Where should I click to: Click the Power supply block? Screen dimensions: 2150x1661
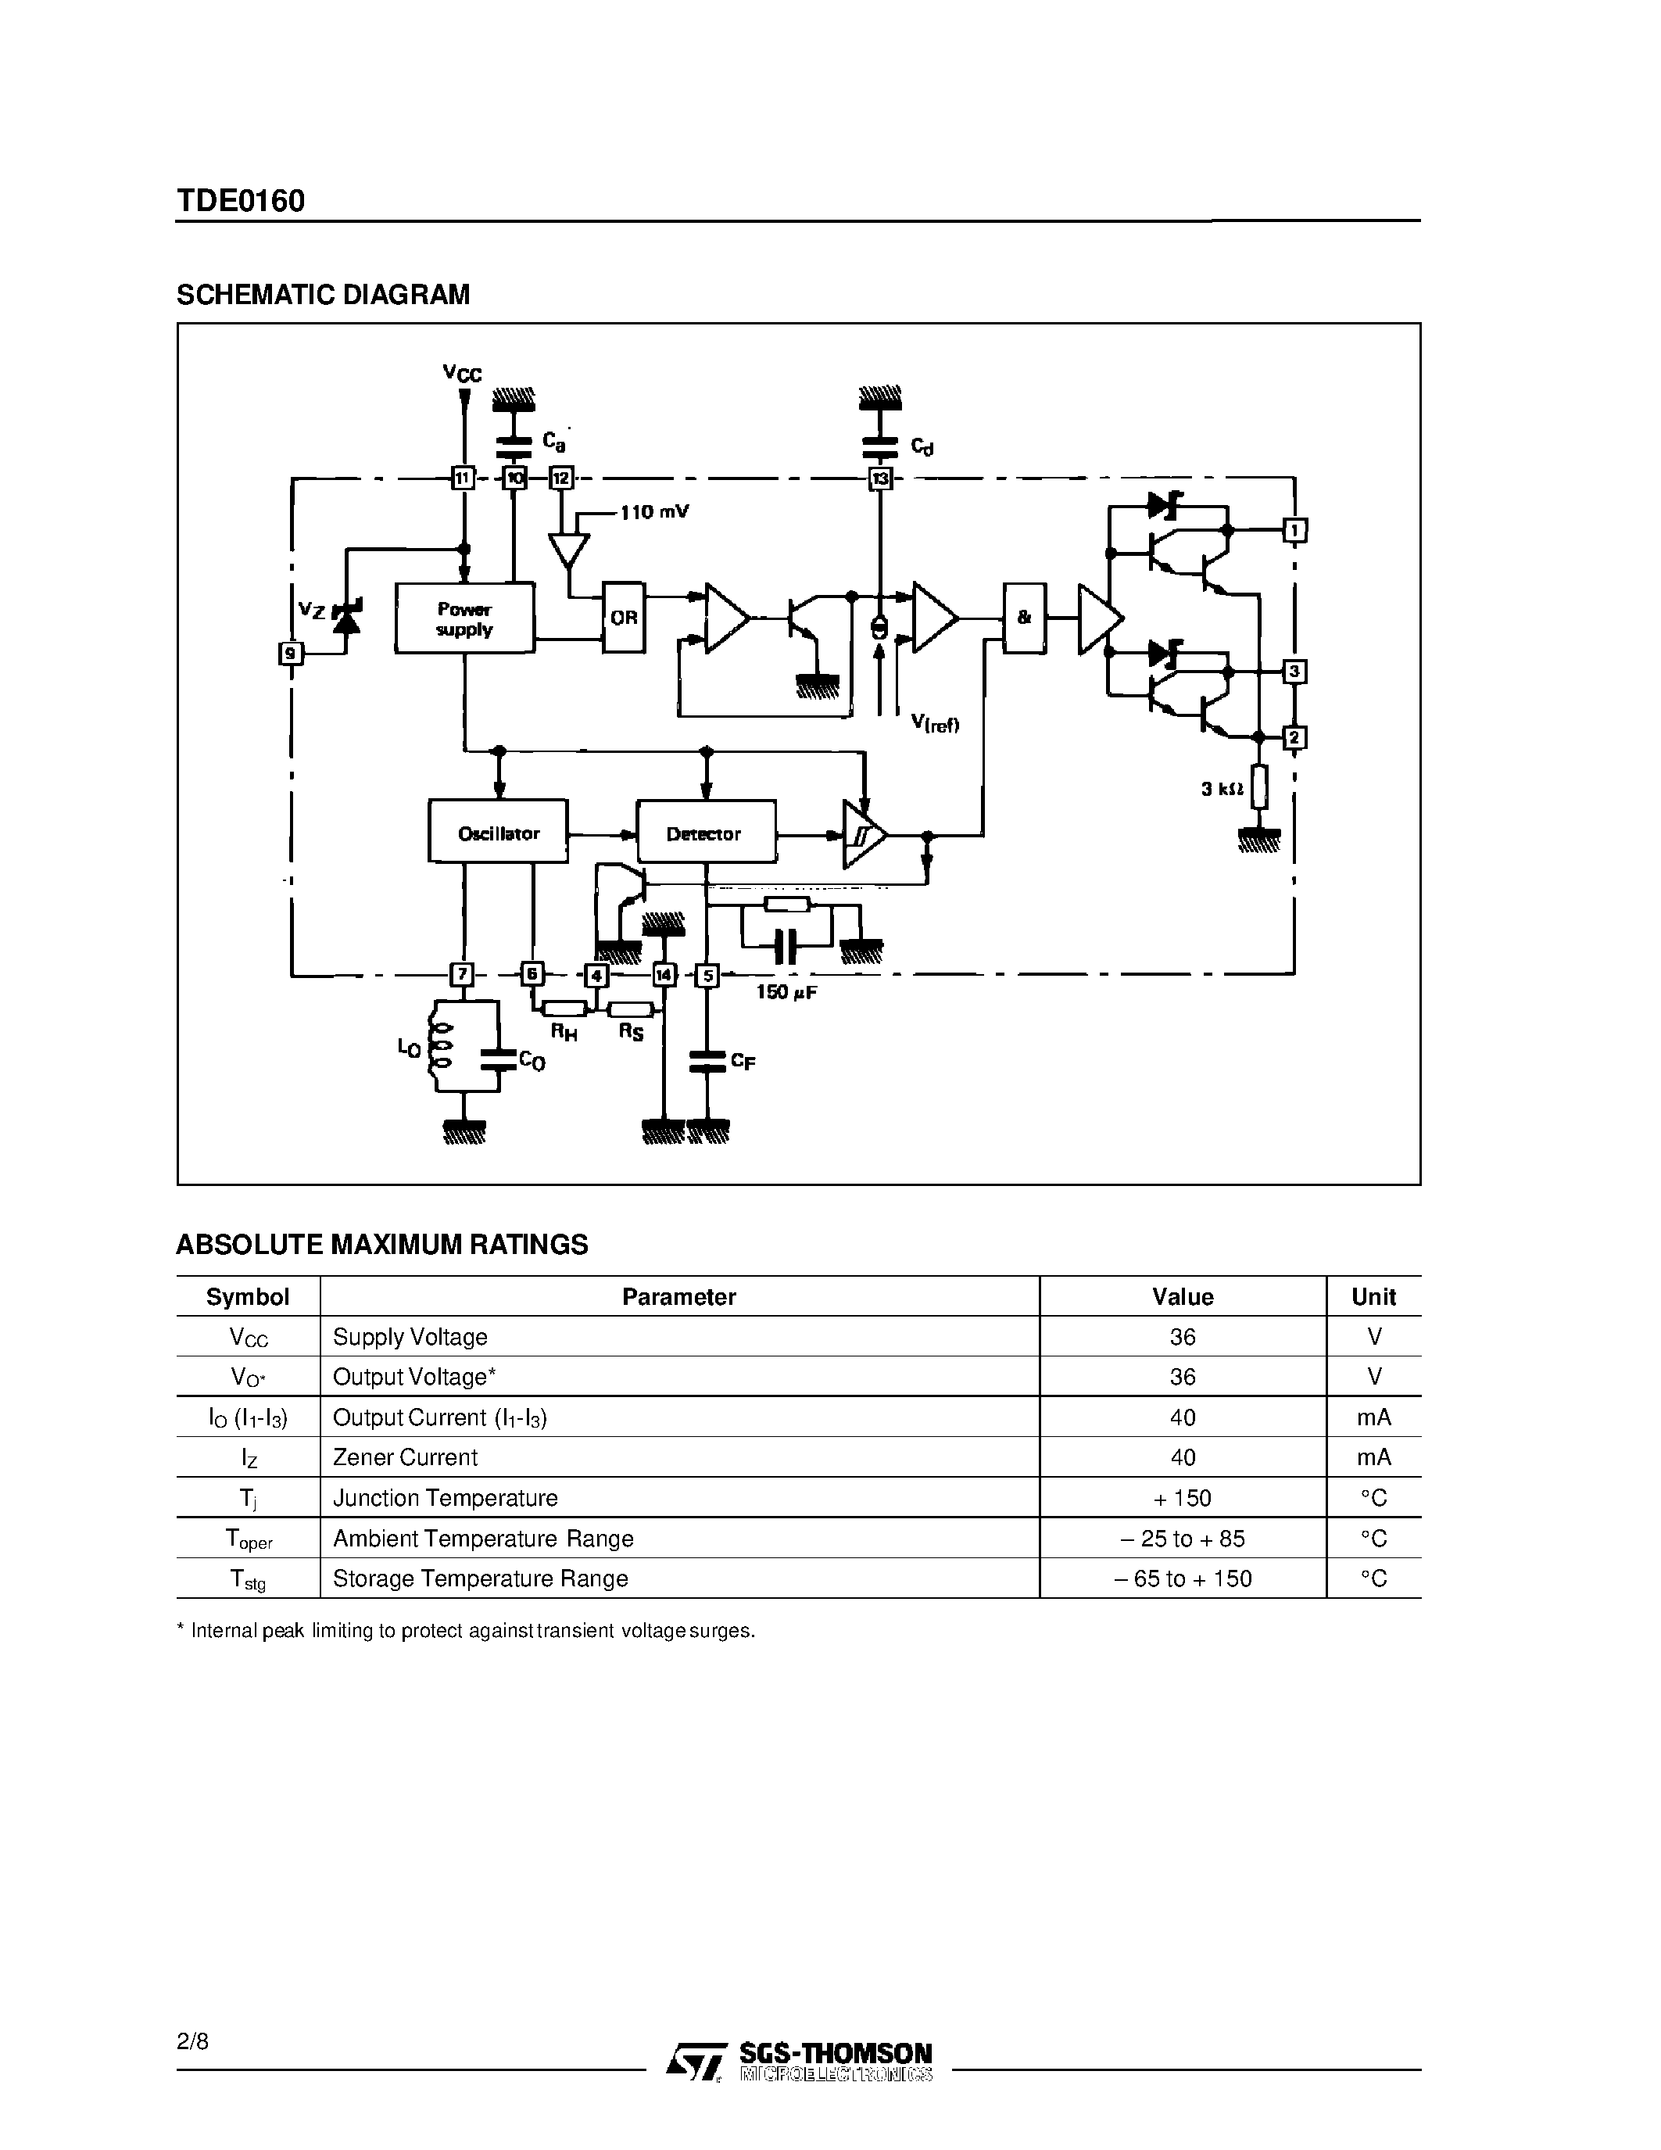tap(464, 618)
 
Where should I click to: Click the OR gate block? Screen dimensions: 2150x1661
tap(624, 617)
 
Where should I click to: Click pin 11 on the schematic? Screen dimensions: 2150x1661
tap(463, 478)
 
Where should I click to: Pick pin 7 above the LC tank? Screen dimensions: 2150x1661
tap(461, 975)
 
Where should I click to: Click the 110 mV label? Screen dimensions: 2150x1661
tap(654, 512)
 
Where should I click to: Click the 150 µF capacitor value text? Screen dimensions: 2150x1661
tap(786, 992)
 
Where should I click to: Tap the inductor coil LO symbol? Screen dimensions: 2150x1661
tap(440, 1048)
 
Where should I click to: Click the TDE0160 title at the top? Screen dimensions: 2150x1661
tap(241, 201)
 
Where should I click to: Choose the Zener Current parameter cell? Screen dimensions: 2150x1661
tap(406, 1457)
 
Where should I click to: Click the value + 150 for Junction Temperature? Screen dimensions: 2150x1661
tap(1182, 1497)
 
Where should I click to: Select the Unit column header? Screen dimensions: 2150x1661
tap(1373, 1296)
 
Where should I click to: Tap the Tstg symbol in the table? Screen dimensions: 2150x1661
tap(247, 1579)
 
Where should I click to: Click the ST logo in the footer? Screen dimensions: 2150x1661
tap(696, 2059)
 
